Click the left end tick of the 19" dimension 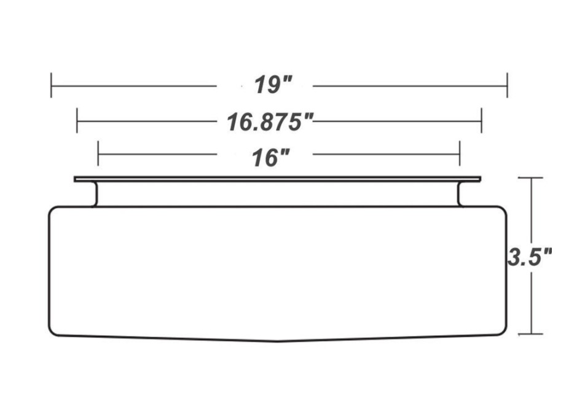click(52, 85)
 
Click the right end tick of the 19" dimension click(507, 85)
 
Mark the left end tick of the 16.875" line click(77, 120)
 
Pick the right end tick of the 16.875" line click(481, 120)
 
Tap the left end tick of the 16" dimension click(98, 154)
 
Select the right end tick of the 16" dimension click(460, 154)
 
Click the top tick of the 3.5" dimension click(532, 178)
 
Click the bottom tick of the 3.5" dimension click(532, 334)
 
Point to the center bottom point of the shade click(278, 341)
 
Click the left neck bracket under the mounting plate click(95, 194)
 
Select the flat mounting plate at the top click(277, 179)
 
